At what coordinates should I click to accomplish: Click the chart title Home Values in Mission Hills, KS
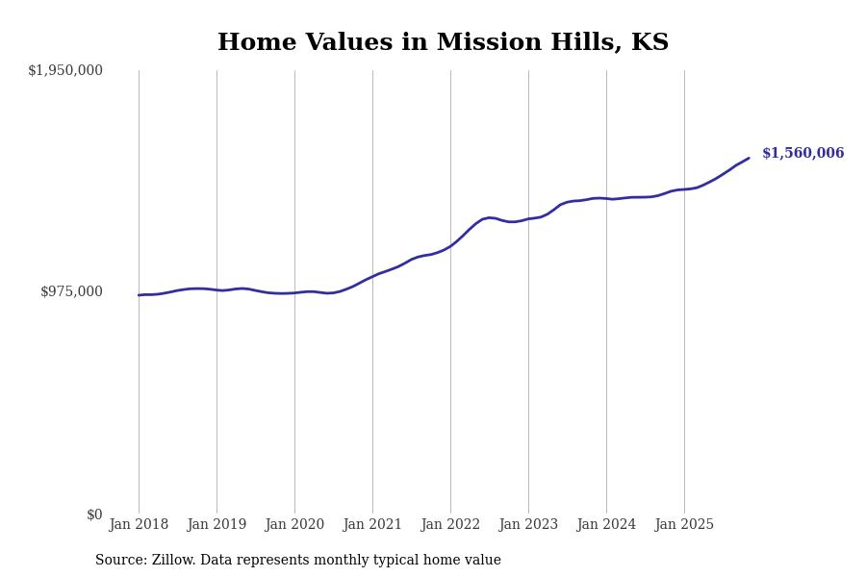pyautogui.click(x=443, y=43)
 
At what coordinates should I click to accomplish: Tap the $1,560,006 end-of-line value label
pyautogui.click(x=802, y=153)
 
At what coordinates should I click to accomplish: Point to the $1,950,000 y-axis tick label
pyautogui.click(x=65, y=70)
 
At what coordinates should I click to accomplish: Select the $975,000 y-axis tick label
pyautogui.click(x=71, y=291)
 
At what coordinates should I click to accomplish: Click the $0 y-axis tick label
pyautogui.click(x=94, y=514)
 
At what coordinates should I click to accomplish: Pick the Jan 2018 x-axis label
pyautogui.click(x=139, y=525)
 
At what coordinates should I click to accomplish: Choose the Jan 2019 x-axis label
pyautogui.click(x=216, y=525)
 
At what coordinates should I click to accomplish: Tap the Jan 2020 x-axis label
pyautogui.click(x=294, y=525)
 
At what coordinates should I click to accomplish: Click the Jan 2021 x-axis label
pyautogui.click(x=372, y=525)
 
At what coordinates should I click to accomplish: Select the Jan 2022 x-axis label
pyautogui.click(x=450, y=525)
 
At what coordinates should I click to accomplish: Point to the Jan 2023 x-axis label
pyautogui.click(x=528, y=525)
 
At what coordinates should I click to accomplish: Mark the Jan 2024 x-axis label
pyautogui.click(x=606, y=525)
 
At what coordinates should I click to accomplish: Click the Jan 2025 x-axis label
pyautogui.click(x=684, y=525)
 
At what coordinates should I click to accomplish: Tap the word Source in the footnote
pyautogui.click(x=119, y=561)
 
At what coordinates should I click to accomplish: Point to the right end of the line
pyautogui.click(x=749, y=158)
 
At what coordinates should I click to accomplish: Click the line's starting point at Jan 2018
pyautogui.click(x=139, y=295)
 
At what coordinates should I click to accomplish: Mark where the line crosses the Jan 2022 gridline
pyautogui.click(x=450, y=246)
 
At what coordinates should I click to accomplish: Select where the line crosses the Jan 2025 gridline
pyautogui.click(x=684, y=189)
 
